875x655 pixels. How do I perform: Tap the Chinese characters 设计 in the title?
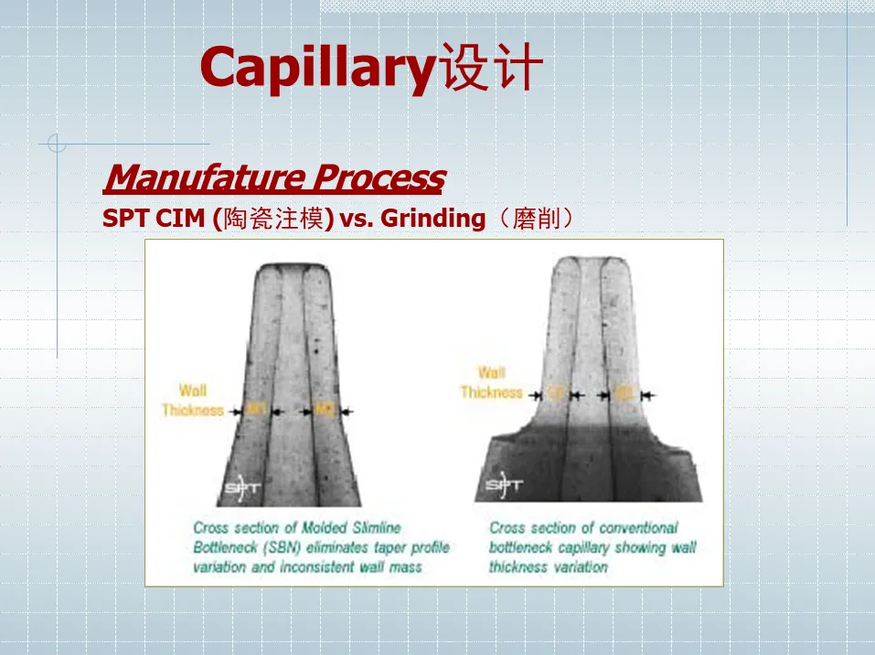(x=492, y=70)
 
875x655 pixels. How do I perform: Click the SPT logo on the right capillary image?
(x=505, y=486)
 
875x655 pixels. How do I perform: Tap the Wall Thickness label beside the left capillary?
(x=193, y=401)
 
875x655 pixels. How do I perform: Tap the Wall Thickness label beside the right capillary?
(x=491, y=382)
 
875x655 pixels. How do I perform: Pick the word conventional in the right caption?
(x=639, y=528)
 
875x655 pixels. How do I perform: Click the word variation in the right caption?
(x=579, y=567)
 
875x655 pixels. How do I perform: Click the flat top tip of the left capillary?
(x=291, y=267)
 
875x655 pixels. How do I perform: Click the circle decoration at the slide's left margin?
(x=57, y=143)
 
